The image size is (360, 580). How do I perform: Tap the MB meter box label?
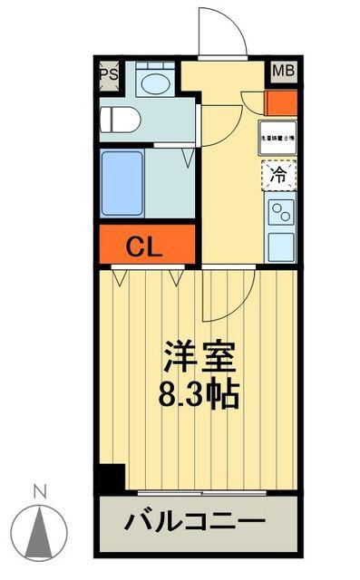pyautogui.click(x=281, y=71)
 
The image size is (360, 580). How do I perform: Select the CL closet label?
pyautogui.click(x=144, y=246)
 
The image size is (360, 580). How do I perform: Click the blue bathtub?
pyautogui.click(x=122, y=184)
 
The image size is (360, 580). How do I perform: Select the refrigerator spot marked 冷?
pyautogui.click(x=279, y=176)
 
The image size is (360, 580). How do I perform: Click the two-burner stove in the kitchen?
pyautogui.click(x=280, y=214)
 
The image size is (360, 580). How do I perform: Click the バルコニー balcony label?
pyautogui.click(x=195, y=524)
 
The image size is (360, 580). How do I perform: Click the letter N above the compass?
pyautogui.click(x=39, y=493)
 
